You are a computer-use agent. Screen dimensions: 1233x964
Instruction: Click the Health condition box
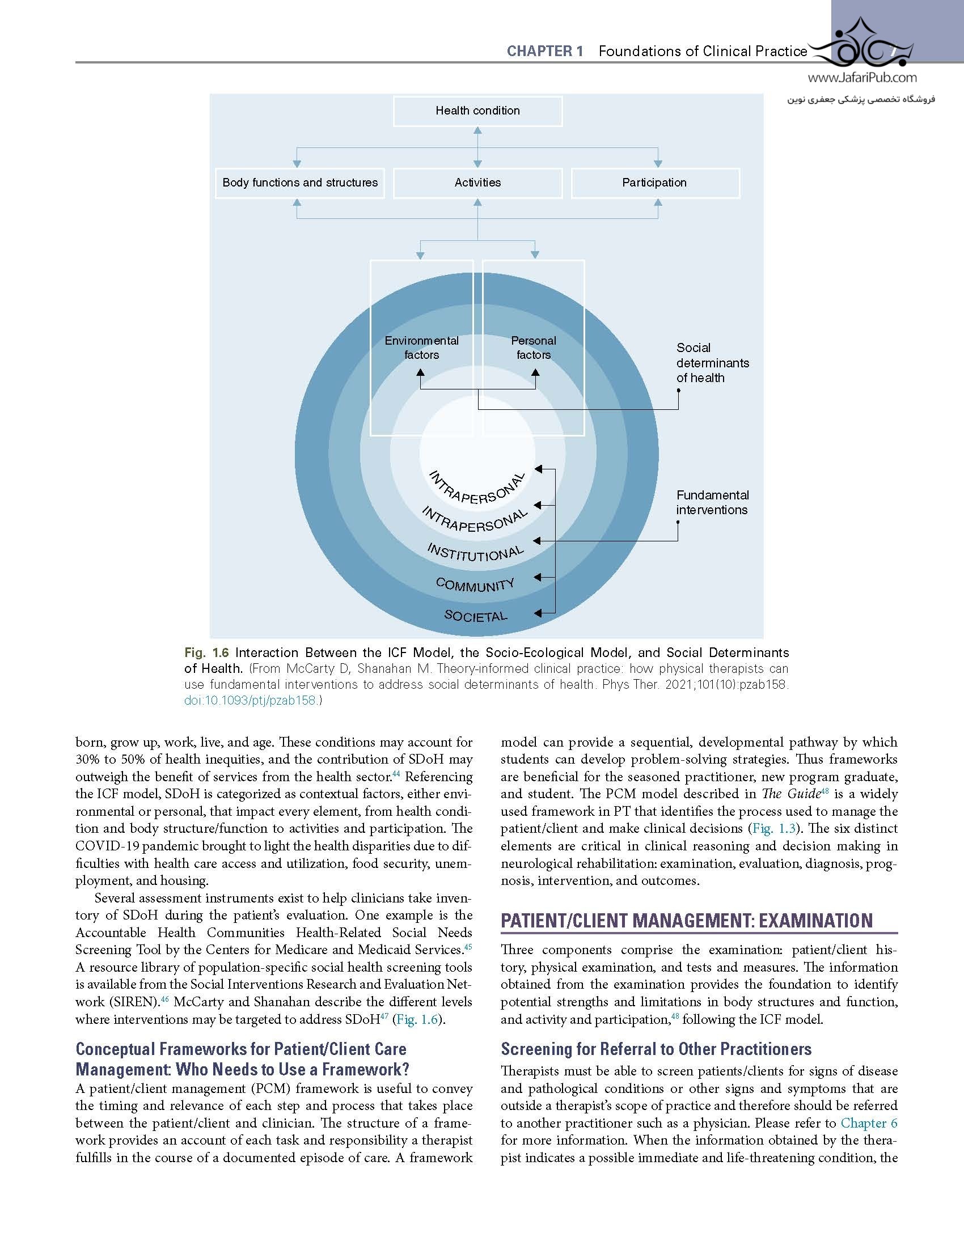[477, 111]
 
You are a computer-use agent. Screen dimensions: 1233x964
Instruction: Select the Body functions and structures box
[300, 183]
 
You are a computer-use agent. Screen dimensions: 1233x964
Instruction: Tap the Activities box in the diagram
[477, 183]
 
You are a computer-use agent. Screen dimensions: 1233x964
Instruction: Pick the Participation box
[654, 183]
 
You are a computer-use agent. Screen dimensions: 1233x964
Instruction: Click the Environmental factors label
[421, 348]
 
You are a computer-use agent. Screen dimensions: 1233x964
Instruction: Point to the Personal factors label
[533, 348]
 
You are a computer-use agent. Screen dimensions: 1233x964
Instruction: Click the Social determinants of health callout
[712, 363]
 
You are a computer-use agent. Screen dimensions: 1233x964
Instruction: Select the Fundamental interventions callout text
[712, 502]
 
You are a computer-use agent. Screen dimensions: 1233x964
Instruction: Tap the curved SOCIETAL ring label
[476, 616]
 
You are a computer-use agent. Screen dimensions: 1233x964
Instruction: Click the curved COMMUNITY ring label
[475, 584]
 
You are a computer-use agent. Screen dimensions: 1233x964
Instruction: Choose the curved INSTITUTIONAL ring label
[475, 552]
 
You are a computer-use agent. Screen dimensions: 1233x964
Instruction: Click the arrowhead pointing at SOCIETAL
[538, 613]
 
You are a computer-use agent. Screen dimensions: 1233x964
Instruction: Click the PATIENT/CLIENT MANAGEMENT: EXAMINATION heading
[687, 920]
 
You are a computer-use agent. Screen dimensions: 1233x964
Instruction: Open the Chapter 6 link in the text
[869, 1123]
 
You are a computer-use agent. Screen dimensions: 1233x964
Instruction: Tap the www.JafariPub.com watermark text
[861, 78]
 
